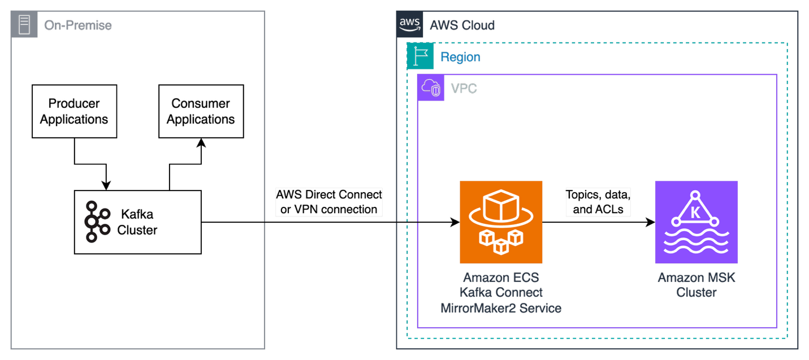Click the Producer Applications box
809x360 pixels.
tap(74, 111)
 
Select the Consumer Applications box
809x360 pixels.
tap(201, 111)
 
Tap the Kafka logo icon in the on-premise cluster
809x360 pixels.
tap(97, 222)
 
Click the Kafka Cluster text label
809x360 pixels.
tap(137, 222)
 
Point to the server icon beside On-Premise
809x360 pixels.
tap(24, 25)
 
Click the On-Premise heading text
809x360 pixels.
tap(78, 25)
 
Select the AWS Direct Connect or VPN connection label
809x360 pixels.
tap(329, 202)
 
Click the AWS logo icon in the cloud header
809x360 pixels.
tap(410, 24)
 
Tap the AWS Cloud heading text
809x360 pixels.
tap(462, 25)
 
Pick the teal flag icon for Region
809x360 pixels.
tap(420, 56)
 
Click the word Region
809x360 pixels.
tap(461, 57)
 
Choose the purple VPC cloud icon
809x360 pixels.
tap(431, 88)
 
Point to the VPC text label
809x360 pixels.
tap(464, 89)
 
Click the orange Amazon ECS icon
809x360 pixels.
tap(501, 222)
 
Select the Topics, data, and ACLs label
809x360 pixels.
tap(598, 202)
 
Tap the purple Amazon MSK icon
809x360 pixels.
tap(696, 222)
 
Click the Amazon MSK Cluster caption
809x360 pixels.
tap(696, 285)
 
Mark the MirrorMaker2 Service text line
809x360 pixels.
tap(501, 308)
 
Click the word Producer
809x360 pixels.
tap(74, 103)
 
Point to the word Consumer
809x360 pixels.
tap(201, 103)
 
